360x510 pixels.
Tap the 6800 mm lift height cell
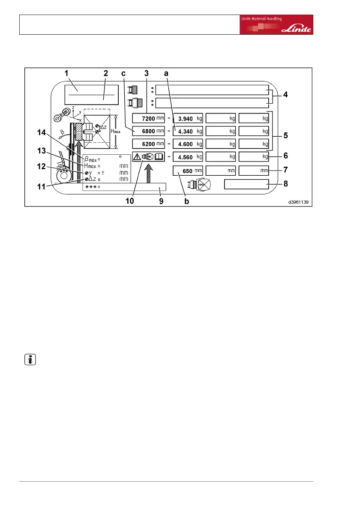click(148, 131)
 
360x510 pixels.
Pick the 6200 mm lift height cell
click(148, 144)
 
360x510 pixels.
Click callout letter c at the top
click(123, 73)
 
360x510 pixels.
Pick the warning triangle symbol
click(137, 156)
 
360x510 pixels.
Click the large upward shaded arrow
click(148, 173)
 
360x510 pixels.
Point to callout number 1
click(67, 73)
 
